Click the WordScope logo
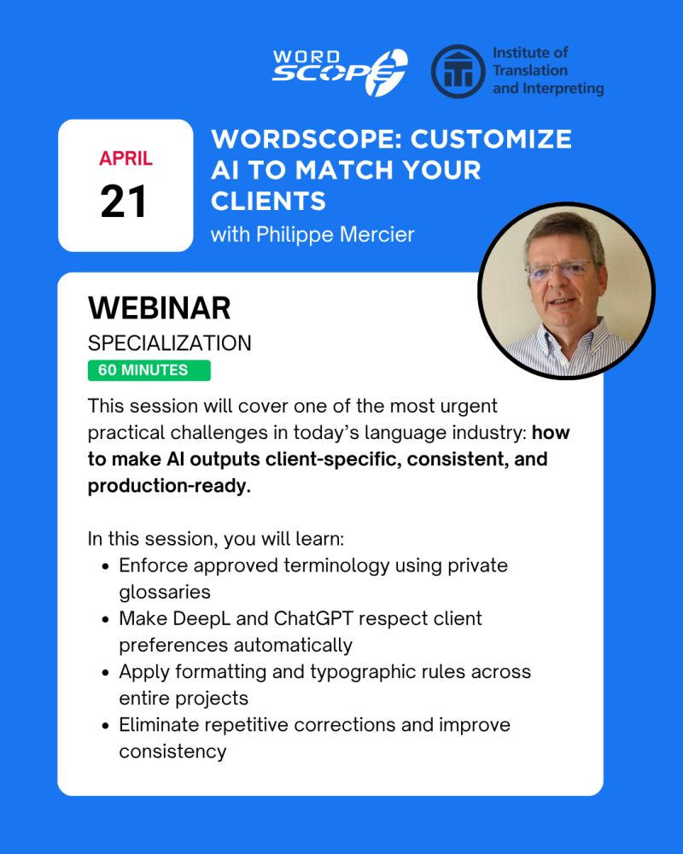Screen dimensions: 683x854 pos(340,72)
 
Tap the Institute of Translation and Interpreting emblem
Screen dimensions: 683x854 pos(458,72)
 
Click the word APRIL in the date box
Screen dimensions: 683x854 pos(126,159)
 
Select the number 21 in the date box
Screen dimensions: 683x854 pos(124,201)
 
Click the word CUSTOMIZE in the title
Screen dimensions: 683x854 pos(491,139)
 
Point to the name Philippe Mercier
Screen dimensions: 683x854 pos(335,235)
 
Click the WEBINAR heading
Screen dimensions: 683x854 pos(160,307)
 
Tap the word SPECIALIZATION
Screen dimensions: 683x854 pos(169,343)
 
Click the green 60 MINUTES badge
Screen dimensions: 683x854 pos(149,371)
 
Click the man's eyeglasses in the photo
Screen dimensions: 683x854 pos(560,269)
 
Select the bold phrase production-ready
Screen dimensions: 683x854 pos(169,486)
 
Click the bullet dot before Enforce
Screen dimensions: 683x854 pos(106,566)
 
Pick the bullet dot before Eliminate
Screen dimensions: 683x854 pos(106,726)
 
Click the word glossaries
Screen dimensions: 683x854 pos(165,593)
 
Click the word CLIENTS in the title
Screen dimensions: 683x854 pos(269,202)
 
